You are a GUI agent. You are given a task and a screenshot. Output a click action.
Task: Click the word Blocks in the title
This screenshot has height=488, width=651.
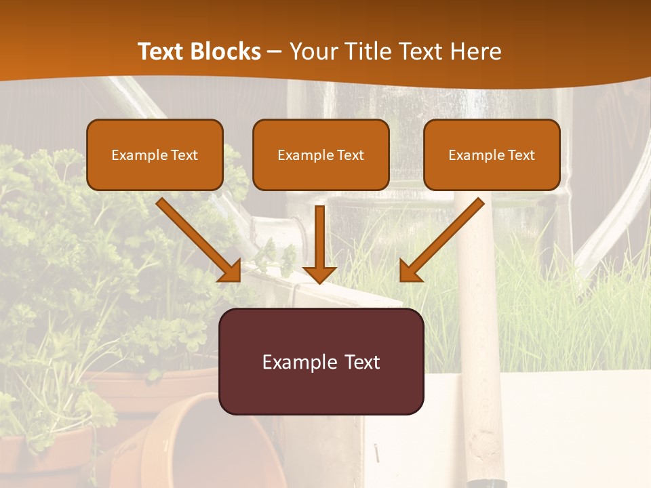tap(226, 52)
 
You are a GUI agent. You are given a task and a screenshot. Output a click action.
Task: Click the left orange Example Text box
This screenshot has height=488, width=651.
tap(155, 155)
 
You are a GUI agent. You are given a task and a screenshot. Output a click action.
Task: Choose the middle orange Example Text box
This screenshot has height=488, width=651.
tap(321, 155)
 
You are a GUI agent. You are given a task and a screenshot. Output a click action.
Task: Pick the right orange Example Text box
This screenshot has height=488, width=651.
tap(492, 155)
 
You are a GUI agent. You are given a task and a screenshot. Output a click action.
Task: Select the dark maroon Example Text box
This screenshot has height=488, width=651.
tap(321, 361)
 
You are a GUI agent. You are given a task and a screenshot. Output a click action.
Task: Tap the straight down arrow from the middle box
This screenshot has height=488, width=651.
tap(319, 237)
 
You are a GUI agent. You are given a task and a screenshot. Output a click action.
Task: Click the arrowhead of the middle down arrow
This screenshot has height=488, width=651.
tap(319, 274)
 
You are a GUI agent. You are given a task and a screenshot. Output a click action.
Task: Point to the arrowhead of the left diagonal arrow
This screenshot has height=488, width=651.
tap(231, 271)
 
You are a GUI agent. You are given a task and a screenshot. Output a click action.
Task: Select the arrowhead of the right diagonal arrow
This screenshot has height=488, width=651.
tap(410, 271)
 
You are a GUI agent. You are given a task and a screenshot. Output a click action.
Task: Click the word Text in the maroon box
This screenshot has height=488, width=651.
tap(355, 362)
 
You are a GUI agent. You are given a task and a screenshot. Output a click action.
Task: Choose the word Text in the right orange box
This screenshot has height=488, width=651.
tap(520, 155)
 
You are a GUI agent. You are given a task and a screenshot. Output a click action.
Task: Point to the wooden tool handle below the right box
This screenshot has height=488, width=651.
tap(478, 339)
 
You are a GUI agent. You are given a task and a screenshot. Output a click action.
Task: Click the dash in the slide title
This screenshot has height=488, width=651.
tap(275, 52)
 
